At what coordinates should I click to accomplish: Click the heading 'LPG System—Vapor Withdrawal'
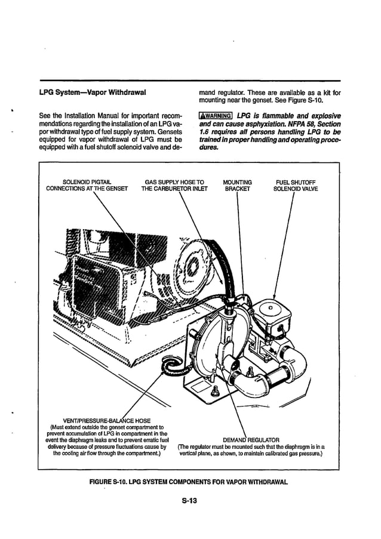point(93,93)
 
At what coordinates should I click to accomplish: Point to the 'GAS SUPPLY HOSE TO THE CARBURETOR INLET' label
point(174,184)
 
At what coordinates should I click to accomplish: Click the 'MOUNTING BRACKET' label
point(237,184)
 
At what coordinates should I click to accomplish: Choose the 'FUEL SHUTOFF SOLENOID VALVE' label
point(296,184)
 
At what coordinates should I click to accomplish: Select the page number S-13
point(189,501)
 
